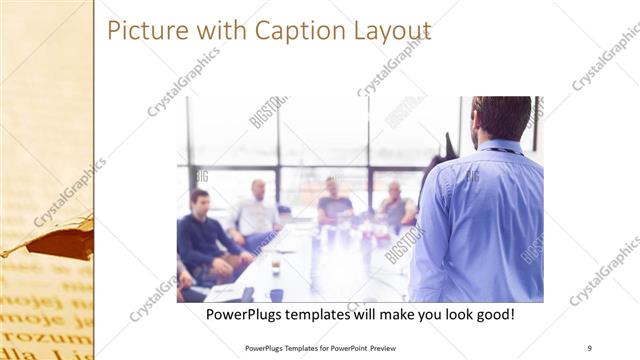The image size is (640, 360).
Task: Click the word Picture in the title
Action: pos(145,31)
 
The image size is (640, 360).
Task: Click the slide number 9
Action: pos(589,348)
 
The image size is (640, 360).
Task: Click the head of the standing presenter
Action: pos(501,117)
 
